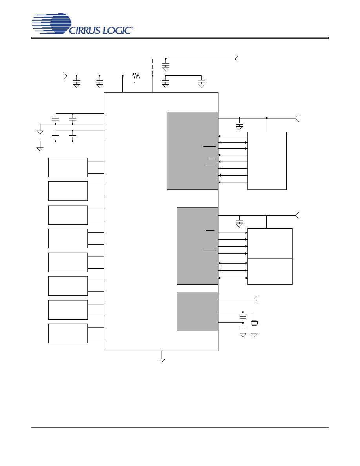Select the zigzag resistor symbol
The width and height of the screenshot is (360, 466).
(x=136, y=76)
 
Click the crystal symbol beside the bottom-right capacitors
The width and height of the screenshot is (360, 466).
(x=254, y=323)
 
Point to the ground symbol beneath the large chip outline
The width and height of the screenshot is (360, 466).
(x=162, y=360)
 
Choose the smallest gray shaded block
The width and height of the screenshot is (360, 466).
(x=198, y=311)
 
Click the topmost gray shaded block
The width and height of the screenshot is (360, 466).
(x=193, y=151)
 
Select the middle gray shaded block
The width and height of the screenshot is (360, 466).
(x=198, y=246)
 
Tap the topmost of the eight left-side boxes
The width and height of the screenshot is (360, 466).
(x=68, y=167)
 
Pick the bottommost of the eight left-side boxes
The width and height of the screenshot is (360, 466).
(x=68, y=333)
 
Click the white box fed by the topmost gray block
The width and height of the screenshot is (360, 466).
(x=267, y=161)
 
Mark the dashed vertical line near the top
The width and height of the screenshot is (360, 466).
(x=153, y=67)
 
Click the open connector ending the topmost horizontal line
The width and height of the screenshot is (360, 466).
(x=237, y=59)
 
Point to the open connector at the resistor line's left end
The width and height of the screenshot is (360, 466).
(x=65, y=76)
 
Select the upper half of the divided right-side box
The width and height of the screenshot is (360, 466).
(x=270, y=244)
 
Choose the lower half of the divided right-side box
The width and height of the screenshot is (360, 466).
(x=270, y=271)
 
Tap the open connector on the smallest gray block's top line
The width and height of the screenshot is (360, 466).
(x=256, y=299)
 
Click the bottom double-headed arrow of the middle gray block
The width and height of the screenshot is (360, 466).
(x=233, y=278)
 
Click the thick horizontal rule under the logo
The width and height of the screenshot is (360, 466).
(x=180, y=38)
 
